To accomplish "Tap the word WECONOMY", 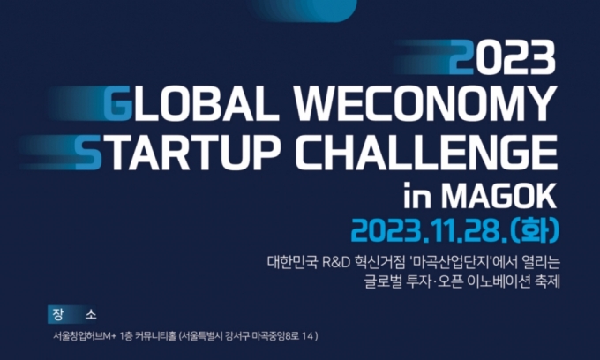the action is coord(425,104).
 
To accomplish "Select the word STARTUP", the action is coord(177,153).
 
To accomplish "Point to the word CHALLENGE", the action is coord(426,153).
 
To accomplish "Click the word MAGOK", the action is coord(499,196).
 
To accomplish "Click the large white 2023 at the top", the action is coord(502,57).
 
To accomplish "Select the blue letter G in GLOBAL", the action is coord(118,104).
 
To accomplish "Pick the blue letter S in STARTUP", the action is coord(89,153).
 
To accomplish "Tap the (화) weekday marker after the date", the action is coord(535,230).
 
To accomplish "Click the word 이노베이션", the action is coord(499,282).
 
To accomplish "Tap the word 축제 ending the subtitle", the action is coord(548,282).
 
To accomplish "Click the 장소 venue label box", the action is coord(72,314).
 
